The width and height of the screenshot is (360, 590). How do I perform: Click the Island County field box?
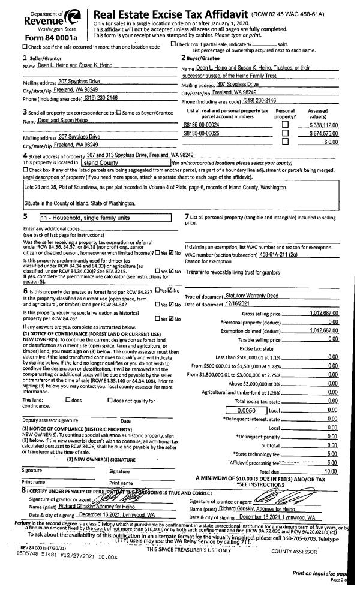point(125,162)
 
